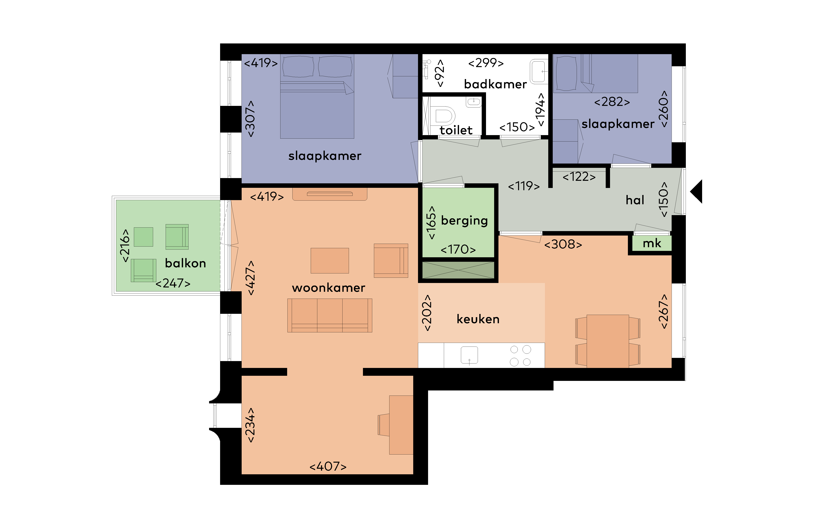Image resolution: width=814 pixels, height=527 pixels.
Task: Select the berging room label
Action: [464, 221]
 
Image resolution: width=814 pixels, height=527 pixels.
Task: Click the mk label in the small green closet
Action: [652, 243]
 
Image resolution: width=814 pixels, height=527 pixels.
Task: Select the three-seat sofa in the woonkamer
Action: [330, 315]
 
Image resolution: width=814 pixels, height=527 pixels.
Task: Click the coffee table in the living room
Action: [330, 260]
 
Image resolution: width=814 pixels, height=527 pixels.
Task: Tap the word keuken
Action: [478, 319]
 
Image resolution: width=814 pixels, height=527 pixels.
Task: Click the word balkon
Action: [185, 263]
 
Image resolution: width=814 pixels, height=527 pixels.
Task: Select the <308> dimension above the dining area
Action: [563, 244]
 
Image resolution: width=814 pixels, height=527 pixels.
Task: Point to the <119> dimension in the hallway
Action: [524, 186]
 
